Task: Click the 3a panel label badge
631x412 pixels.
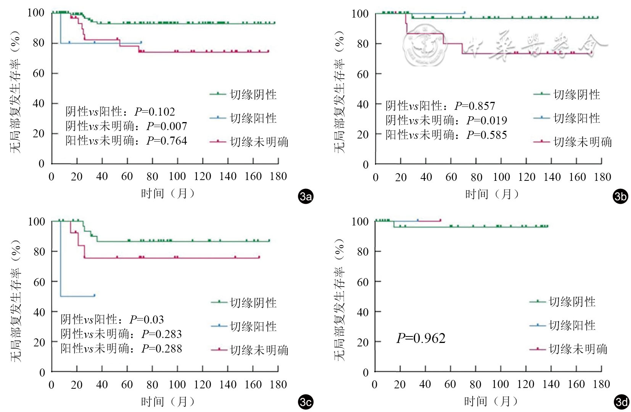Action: [x=306, y=196]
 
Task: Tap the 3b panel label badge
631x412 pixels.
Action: [x=620, y=196]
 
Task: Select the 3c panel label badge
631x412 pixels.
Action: [x=306, y=402]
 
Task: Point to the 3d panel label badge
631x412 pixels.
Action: [x=621, y=402]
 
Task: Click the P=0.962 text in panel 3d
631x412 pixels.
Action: [x=421, y=338]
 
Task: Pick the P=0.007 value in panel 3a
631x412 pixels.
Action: [x=167, y=126]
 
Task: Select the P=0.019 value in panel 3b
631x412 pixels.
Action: [x=487, y=121]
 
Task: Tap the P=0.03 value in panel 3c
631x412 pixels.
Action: [x=147, y=320]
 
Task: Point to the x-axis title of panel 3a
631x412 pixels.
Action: [x=168, y=194]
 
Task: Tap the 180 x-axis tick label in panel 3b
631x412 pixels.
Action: [x=602, y=177]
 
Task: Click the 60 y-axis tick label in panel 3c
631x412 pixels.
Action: [x=39, y=282]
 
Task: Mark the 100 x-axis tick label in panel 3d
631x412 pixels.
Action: [x=500, y=385]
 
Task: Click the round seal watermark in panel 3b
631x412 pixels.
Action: [x=425, y=45]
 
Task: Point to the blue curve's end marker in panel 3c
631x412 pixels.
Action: [x=94, y=295]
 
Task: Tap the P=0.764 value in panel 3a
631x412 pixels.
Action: [x=167, y=141]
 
